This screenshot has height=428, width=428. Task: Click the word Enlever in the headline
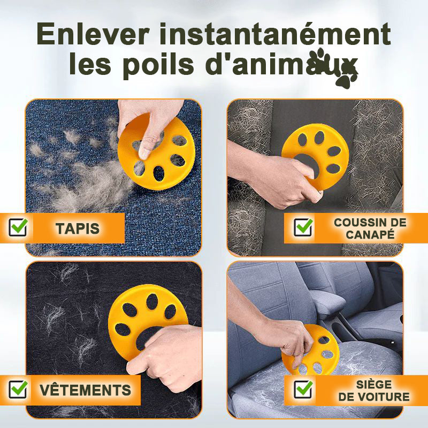(x=93, y=34)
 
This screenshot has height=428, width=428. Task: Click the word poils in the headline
(x=158, y=65)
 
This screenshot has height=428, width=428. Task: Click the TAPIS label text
(x=78, y=228)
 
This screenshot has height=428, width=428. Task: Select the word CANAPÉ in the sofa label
(x=370, y=234)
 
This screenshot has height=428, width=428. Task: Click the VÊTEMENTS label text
(x=85, y=390)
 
